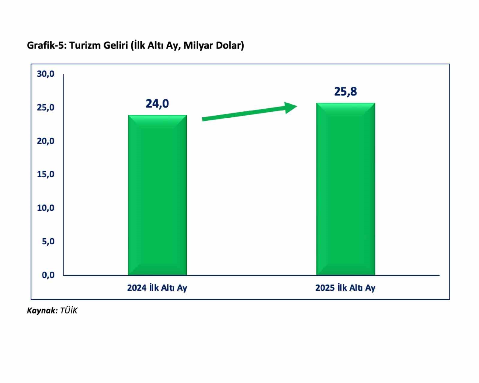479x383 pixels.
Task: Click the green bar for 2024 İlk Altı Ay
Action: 157,195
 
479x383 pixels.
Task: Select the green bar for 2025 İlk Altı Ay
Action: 345,189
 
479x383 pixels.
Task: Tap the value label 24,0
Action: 157,104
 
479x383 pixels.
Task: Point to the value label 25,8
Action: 345,92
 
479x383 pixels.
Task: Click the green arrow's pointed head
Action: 290,108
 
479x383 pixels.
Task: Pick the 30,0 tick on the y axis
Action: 46,74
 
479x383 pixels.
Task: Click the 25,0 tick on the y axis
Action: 46,108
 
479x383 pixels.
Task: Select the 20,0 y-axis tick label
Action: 46,141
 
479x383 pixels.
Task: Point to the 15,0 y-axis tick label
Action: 46,174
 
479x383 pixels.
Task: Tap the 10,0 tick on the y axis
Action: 46,208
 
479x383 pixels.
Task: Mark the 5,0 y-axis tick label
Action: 48,241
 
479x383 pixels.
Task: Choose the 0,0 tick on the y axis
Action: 48,275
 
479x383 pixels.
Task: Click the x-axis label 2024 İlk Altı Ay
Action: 157,288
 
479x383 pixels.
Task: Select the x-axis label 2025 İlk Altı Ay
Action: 345,288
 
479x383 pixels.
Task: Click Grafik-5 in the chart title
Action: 47,46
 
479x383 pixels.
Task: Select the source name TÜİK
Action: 69,311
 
